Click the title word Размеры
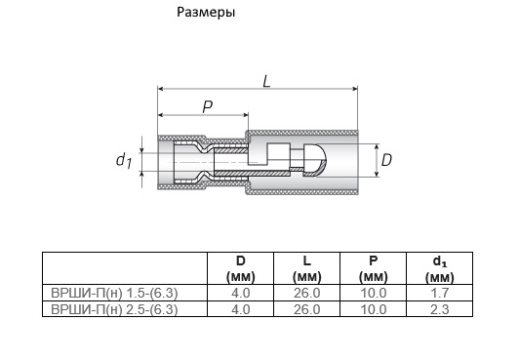coord(206,13)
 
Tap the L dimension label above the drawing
coord(266,81)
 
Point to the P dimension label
coord(208,107)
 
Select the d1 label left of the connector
coord(124,160)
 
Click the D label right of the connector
coord(386,160)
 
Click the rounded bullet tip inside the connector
coord(315,160)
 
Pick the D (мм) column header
coord(241,268)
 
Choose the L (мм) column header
coord(307,268)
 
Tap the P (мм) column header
coord(373,268)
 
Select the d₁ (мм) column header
coord(440,269)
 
